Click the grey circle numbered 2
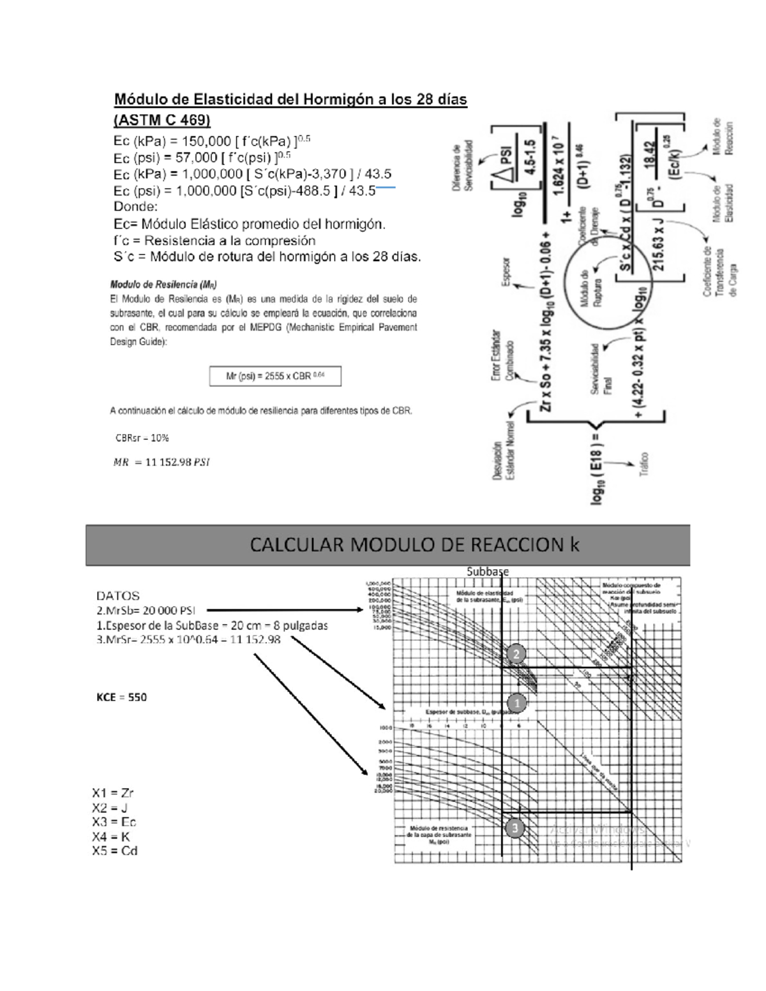coord(516,653)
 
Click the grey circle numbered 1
coord(516,703)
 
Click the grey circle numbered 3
coord(514,828)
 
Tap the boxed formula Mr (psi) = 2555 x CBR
coord(275,376)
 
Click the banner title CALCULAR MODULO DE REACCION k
coord(414,544)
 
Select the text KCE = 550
coord(121,697)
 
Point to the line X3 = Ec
coord(114,822)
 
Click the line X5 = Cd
coord(114,851)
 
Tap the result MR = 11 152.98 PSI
coord(161,462)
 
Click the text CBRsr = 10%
coord(142,438)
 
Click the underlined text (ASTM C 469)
coord(161,120)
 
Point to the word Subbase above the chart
coord(488,572)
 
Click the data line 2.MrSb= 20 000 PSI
coord(146,610)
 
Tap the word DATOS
coord(118,595)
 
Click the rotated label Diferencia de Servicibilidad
coord(462,166)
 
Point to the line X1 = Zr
coord(112,793)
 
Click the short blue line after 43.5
coord(386,188)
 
